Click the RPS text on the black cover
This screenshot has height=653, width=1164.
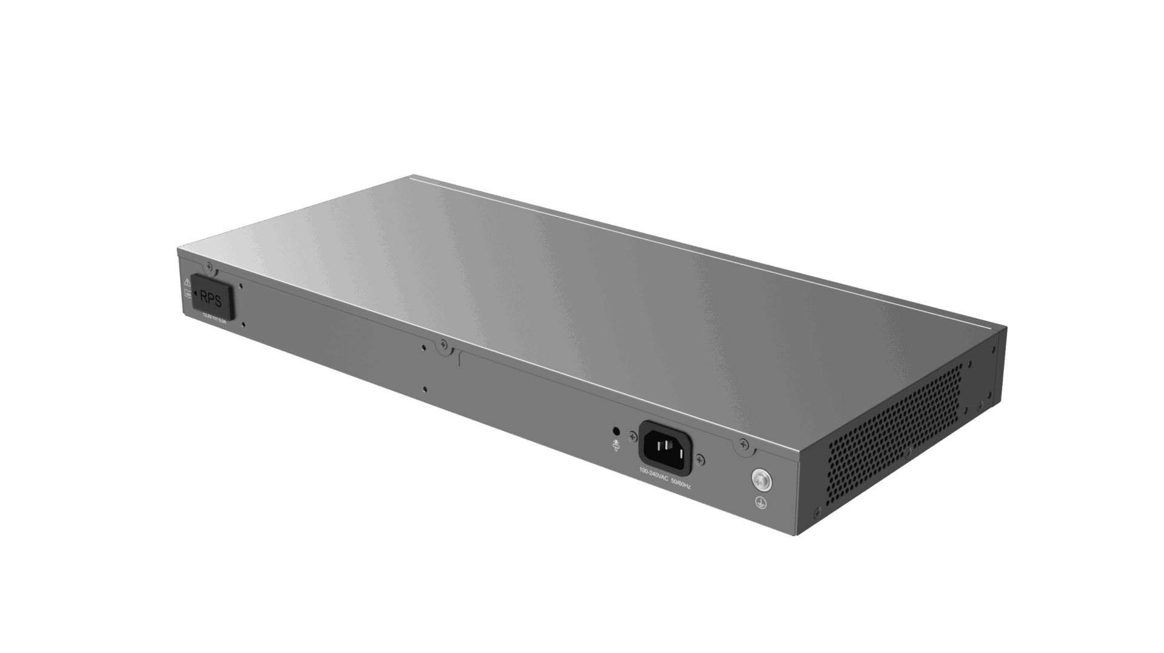210,299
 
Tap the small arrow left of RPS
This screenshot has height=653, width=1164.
195,293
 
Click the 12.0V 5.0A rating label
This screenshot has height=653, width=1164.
213,318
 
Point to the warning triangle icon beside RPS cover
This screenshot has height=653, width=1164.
187,283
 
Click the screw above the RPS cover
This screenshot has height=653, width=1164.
210,266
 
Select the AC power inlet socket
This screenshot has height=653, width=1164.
665,448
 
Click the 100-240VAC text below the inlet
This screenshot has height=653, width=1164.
654,477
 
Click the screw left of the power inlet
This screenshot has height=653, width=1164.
633,435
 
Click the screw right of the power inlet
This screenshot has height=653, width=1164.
700,459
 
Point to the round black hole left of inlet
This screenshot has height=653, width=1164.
617,430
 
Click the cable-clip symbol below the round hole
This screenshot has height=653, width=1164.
617,446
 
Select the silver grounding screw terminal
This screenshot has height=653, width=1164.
761,480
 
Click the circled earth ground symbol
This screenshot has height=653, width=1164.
761,502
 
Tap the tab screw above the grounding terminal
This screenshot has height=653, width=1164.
744,446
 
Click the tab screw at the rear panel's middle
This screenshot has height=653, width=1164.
443,345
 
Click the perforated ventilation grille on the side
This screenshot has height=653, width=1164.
894,434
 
